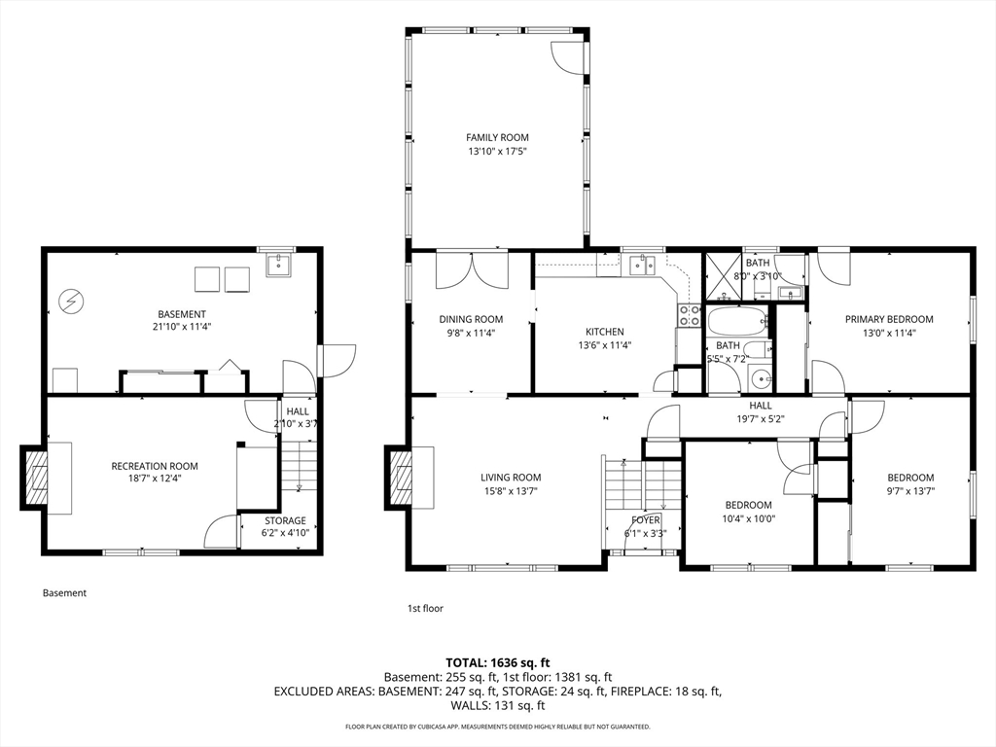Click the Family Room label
click(497, 137)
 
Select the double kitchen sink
click(642, 265)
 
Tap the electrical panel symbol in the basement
click(70, 302)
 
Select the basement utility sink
click(277, 265)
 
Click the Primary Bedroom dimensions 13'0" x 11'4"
click(889, 333)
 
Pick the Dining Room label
click(471, 319)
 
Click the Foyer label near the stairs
click(646, 520)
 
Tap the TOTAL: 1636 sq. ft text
click(497, 663)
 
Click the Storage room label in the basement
click(285, 520)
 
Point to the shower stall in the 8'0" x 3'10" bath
click(724, 277)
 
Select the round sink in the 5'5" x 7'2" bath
click(760, 379)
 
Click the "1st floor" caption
click(425, 609)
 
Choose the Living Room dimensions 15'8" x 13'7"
click(511, 491)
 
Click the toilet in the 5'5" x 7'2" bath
click(757, 349)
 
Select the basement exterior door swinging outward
click(339, 361)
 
